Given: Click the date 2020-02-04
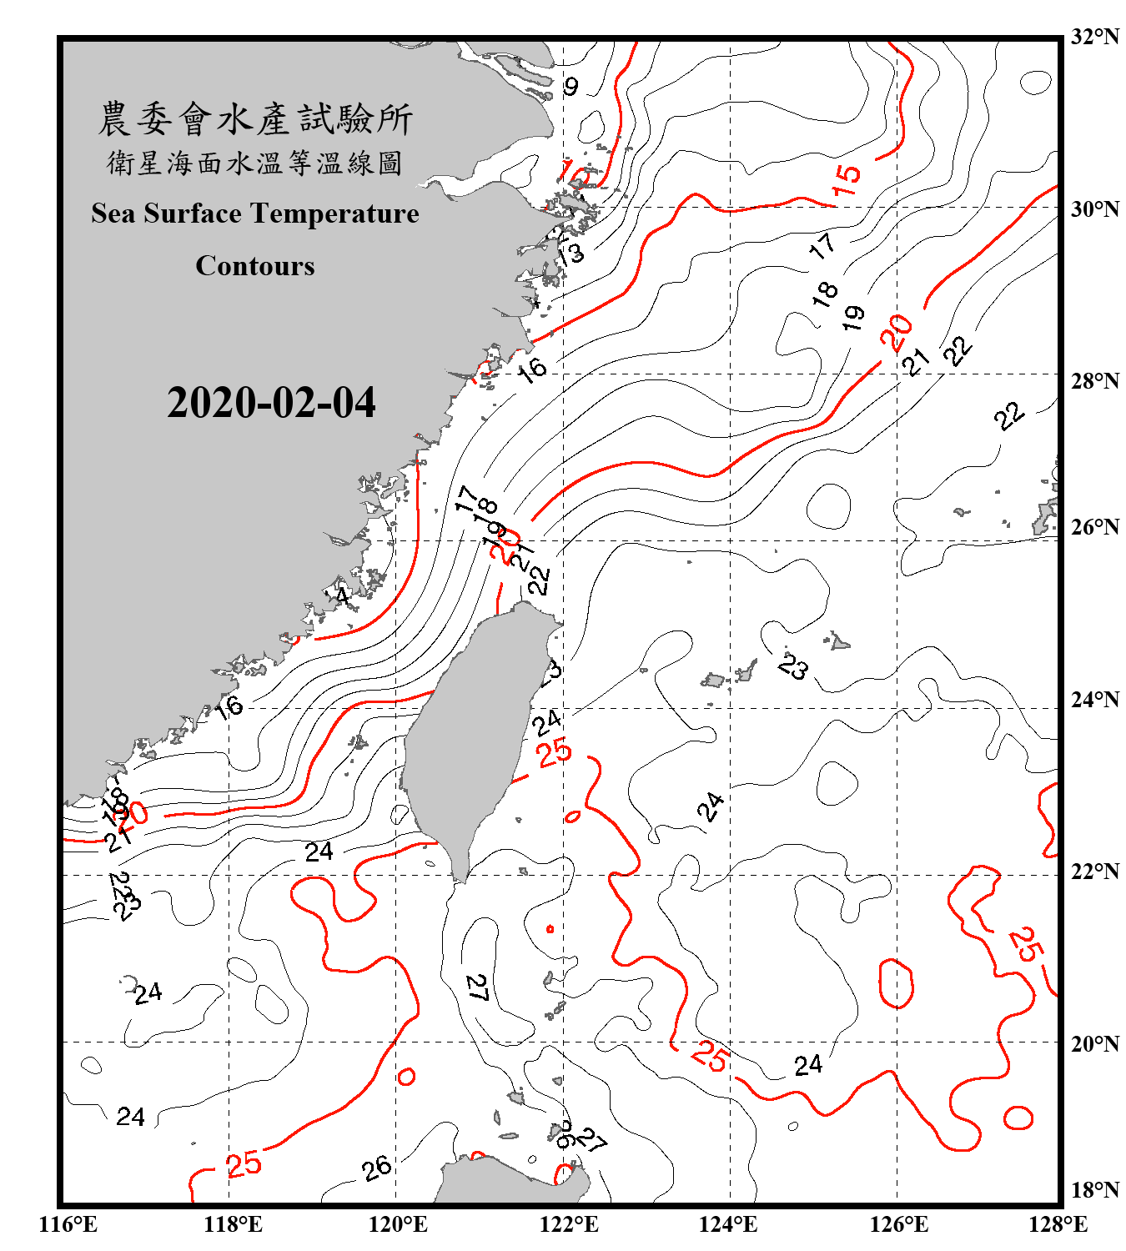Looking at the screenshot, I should click(271, 403).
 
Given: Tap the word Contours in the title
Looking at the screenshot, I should click(255, 266).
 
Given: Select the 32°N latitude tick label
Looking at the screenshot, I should click(1094, 37).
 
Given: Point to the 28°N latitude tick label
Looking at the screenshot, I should click(1094, 381).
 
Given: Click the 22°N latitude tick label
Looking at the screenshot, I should click(1094, 872).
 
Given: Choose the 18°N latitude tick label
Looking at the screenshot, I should click(1094, 1190).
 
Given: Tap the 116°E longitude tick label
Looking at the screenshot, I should click(68, 1224).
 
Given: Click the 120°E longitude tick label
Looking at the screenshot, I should click(398, 1224).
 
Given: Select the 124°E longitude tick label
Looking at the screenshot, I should click(728, 1224).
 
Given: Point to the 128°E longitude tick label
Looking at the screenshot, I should click(1058, 1224).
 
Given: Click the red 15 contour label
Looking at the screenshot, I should click(847, 178).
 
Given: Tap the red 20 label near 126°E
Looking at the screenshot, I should click(897, 332).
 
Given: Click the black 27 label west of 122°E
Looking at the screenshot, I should click(477, 987).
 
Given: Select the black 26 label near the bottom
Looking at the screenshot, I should click(377, 1168).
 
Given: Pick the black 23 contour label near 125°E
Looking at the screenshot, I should click(793, 666).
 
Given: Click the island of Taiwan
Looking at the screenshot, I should click(467, 734).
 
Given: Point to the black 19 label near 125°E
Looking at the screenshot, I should click(852, 317).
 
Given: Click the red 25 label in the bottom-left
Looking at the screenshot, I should click(244, 1164).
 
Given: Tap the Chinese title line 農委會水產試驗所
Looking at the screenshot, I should click(255, 119).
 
